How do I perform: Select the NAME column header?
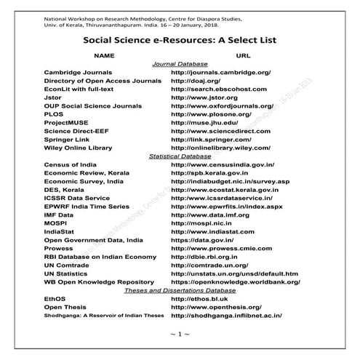tap(105, 55)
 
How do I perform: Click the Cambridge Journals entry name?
tap(78, 73)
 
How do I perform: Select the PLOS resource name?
tap(55, 119)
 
